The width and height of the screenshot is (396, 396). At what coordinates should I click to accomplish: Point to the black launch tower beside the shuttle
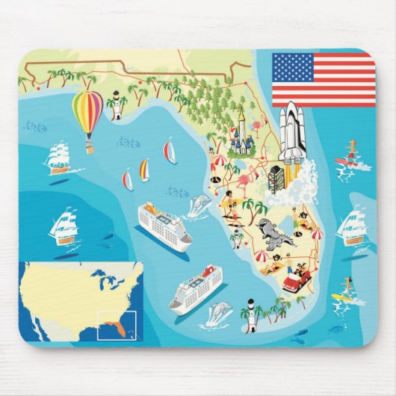(x=276, y=177)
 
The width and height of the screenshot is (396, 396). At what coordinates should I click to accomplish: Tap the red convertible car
(x=297, y=281)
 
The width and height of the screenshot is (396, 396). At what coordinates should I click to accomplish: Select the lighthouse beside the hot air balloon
(x=114, y=106)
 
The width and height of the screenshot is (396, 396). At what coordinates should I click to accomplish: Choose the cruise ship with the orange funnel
(x=164, y=225)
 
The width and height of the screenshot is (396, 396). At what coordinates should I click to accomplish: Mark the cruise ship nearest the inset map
(x=196, y=288)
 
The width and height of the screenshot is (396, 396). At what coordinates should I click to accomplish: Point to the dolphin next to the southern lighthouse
(x=218, y=312)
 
